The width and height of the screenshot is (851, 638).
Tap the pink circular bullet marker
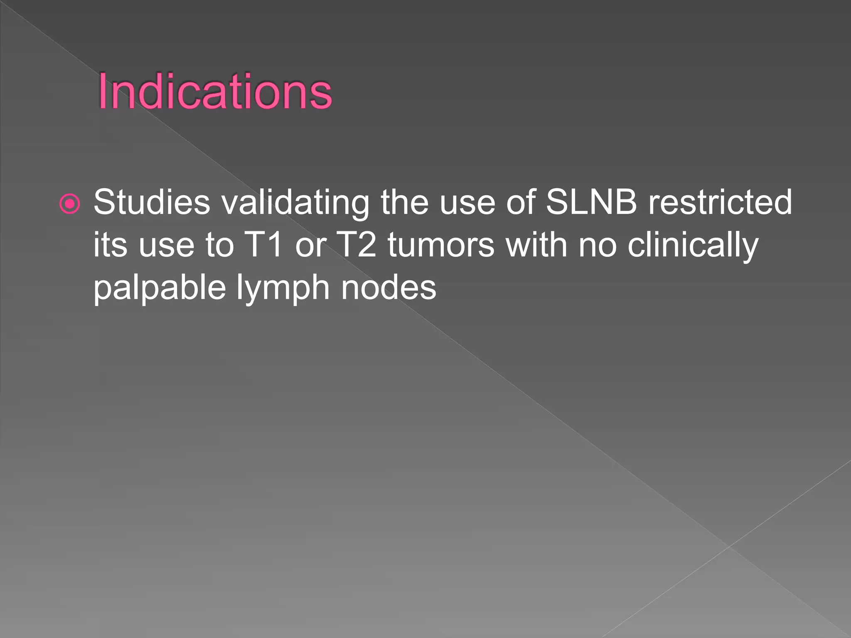pyautogui.click(x=69, y=204)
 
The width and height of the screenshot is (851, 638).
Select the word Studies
pyautogui.click(x=152, y=202)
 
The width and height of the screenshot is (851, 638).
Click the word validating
pyautogui.click(x=295, y=202)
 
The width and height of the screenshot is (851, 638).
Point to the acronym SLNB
pyautogui.click(x=591, y=202)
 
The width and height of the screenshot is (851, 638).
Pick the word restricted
pyautogui.click(x=720, y=202)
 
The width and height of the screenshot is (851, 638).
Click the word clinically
pyautogui.click(x=693, y=245)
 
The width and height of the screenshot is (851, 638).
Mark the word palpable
pyautogui.click(x=159, y=288)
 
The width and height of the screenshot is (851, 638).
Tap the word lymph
pyautogui.click(x=283, y=288)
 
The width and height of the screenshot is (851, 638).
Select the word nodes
pyautogui.click(x=389, y=288)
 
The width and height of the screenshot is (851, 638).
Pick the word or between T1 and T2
pyautogui.click(x=310, y=245)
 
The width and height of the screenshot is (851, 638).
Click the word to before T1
pyautogui.click(x=220, y=245)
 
